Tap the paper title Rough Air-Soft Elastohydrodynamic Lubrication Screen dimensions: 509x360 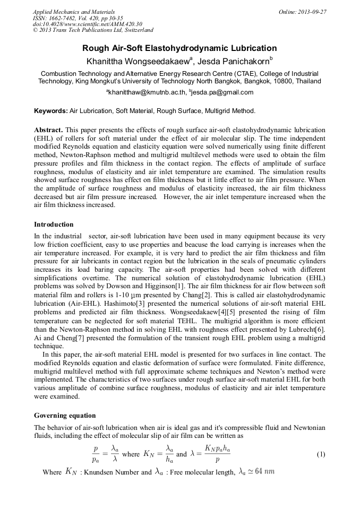tap(179, 48)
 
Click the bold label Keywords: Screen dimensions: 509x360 tap(50, 111)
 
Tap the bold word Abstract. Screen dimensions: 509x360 tap(48, 130)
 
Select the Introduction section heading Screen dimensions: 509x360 tap(54, 224)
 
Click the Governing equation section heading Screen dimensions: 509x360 tap(65, 415)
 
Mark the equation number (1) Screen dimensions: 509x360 tap(321, 454)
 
